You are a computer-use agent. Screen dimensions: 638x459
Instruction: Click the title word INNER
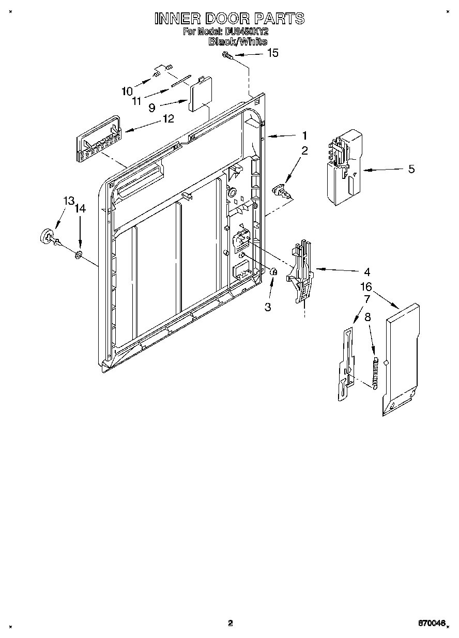tap(178, 19)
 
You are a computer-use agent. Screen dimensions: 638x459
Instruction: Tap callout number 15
tap(272, 53)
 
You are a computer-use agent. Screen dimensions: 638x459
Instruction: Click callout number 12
tap(168, 118)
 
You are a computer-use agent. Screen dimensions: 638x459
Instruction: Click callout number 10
tap(127, 92)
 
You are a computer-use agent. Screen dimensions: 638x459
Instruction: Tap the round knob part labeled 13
tap(48, 236)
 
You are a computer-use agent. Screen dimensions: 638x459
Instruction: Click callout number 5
tap(411, 169)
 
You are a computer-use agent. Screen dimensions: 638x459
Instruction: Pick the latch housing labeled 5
tap(344, 165)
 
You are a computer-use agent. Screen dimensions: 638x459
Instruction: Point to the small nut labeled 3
tap(274, 272)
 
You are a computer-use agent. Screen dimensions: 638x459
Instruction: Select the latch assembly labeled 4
tap(300, 271)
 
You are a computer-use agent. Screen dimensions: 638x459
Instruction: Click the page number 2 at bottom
tap(231, 623)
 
